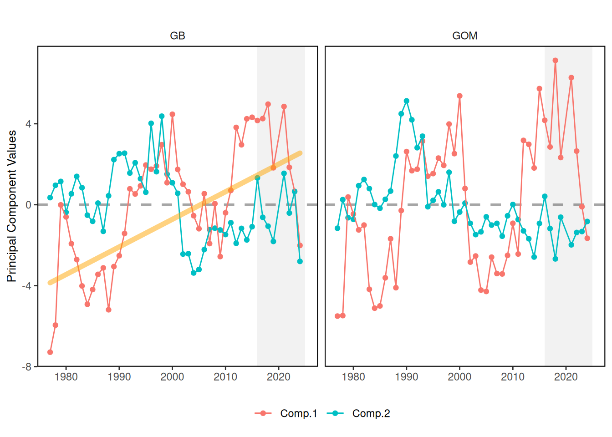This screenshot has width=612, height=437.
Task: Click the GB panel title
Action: point(178,36)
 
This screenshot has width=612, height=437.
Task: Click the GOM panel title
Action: point(464,36)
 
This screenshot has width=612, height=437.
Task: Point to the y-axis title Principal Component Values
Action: point(12,206)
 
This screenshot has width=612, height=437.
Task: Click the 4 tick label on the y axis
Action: point(29,124)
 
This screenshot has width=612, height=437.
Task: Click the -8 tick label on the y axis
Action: point(27,366)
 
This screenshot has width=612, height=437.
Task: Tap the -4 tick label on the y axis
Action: point(27,286)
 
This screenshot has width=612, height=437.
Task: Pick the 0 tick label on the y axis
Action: point(29,205)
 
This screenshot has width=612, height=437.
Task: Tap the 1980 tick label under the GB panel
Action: point(66,377)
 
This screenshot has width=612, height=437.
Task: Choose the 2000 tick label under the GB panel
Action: point(172,377)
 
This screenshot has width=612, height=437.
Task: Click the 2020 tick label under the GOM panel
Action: point(566,377)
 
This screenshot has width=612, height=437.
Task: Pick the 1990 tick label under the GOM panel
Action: point(406,377)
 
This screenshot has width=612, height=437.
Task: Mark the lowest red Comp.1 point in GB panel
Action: point(50,352)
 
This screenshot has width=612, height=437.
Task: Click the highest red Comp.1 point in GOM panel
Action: point(556,61)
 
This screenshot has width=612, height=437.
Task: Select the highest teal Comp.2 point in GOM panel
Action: point(407,101)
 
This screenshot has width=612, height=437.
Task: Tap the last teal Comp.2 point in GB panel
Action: point(300,262)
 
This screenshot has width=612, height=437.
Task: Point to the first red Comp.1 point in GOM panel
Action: point(337,316)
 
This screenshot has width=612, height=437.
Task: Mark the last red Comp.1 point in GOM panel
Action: point(587,238)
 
